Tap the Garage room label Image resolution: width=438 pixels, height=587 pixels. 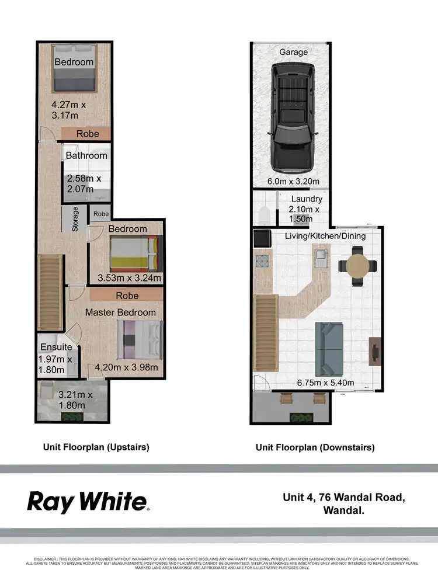click(x=293, y=52)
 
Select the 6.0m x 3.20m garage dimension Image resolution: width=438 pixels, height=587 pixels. click(x=293, y=182)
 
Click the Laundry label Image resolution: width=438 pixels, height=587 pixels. click(x=307, y=199)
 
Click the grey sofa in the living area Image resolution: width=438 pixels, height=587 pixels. click(x=330, y=349)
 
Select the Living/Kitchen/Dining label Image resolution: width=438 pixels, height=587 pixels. click(x=325, y=236)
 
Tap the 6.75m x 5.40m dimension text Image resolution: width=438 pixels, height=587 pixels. click(x=326, y=383)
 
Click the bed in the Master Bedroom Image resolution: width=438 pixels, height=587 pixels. click(x=140, y=341)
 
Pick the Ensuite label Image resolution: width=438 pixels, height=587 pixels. click(x=57, y=347)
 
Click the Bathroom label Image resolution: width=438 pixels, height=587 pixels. click(x=86, y=156)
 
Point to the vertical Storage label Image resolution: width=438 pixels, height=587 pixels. click(x=75, y=219)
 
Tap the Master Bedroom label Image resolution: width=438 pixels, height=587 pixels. click(x=121, y=312)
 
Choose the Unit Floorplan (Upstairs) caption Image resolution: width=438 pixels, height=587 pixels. click(x=96, y=447)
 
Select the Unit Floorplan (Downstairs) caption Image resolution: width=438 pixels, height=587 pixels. click(x=315, y=447)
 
